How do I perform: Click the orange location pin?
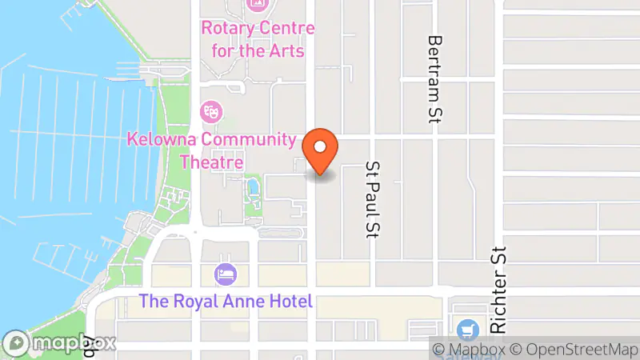[x=320, y=152]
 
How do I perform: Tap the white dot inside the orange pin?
[x=320, y=146]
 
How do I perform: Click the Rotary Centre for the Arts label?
[x=258, y=39]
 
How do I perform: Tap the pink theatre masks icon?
[x=211, y=110]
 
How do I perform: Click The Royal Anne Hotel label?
[x=225, y=302]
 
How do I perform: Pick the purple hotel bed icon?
[x=225, y=274]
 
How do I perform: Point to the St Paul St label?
[x=372, y=201]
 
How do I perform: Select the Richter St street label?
[x=500, y=288]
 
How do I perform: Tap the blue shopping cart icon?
[x=466, y=329]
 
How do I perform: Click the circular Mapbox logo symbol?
[x=17, y=343]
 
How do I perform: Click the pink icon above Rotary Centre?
[x=258, y=4]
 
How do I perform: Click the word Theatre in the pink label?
[x=211, y=162]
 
